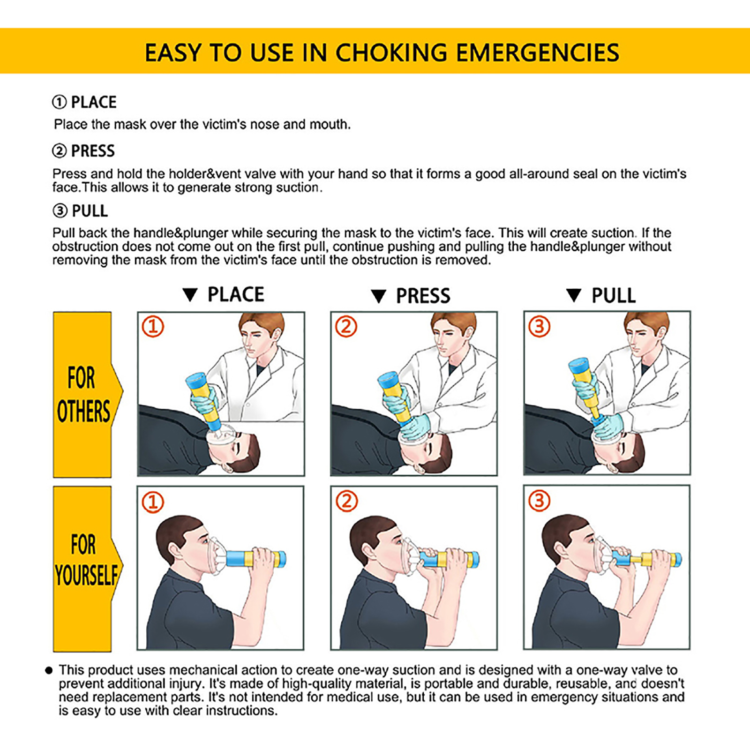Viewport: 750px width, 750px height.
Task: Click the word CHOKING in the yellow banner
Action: coord(391,52)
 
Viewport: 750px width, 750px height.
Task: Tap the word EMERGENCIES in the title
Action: coord(538,52)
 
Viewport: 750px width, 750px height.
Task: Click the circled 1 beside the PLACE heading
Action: coord(60,102)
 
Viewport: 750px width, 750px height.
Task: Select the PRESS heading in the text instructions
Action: coord(93,151)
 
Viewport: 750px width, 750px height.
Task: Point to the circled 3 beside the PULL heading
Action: coord(60,211)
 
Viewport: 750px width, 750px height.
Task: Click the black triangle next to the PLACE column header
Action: coord(190,295)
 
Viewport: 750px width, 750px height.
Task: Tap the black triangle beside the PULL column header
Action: coord(574,295)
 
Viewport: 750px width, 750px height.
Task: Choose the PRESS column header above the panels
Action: coord(423,296)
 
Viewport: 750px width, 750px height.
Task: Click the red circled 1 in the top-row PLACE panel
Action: coord(153,327)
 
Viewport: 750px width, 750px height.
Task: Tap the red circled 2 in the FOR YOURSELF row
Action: coord(346,501)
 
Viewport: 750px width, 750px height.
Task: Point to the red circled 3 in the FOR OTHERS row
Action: coord(539,326)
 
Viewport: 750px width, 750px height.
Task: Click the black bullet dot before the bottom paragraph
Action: coord(49,670)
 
